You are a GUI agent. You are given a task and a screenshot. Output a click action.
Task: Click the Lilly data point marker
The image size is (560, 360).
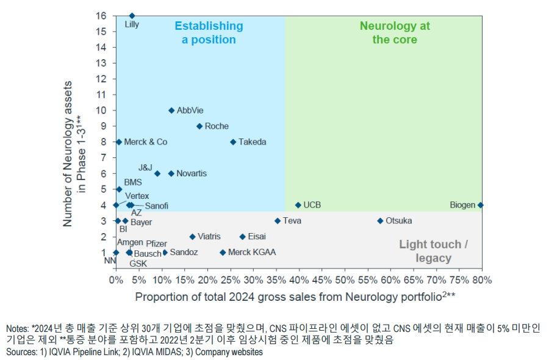tap(132, 16)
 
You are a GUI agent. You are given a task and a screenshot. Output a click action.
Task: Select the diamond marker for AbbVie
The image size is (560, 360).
tap(171, 110)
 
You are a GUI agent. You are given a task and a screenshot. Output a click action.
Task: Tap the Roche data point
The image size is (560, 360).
tap(199, 126)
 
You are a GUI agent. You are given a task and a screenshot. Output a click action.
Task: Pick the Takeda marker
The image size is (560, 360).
tap(233, 142)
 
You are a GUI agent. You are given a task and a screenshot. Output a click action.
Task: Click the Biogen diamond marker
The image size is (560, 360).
tap(481, 205)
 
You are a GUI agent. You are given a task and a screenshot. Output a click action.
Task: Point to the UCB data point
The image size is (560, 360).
tap(298, 205)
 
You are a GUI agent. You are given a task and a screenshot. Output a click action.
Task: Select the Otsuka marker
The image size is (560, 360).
tap(380, 221)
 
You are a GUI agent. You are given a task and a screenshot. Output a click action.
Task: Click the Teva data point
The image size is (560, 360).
tap(278, 221)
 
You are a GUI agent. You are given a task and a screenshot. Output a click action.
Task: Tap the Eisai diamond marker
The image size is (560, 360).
tap(242, 237)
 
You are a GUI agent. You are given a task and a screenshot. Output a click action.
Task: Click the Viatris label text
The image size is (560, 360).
tap(209, 236)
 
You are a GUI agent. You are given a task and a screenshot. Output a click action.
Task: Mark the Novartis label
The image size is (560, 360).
tap(191, 173)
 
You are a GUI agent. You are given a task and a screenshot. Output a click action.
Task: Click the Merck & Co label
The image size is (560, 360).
tap(145, 142)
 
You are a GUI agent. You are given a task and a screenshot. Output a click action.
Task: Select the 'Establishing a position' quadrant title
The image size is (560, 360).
tap(209, 33)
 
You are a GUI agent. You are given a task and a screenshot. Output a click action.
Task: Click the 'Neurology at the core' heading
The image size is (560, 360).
tap(395, 33)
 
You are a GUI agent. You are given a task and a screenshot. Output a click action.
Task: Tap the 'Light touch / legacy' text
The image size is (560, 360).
tap(434, 251)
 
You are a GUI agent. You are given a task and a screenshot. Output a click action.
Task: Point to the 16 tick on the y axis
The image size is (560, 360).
tap(102, 16)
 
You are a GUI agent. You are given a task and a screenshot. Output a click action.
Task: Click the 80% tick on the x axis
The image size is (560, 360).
tap(482, 280)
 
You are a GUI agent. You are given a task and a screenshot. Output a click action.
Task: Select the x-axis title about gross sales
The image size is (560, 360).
tap(295, 297)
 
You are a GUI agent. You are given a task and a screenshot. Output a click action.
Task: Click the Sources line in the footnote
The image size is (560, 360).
tap(134, 353)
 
